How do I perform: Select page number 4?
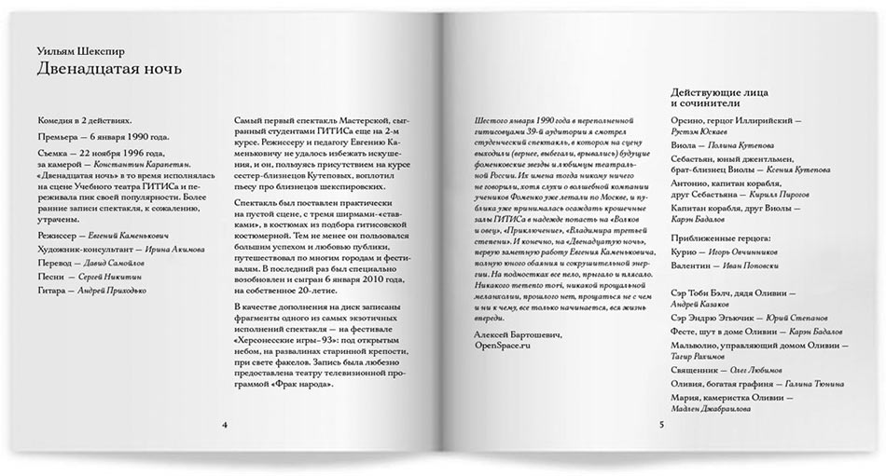click(225, 426)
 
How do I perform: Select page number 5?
click(660, 426)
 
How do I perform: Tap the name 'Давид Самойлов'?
click(128, 264)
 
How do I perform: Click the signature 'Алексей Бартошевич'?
click(516, 333)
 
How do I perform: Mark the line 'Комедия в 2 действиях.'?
click(85, 121)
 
